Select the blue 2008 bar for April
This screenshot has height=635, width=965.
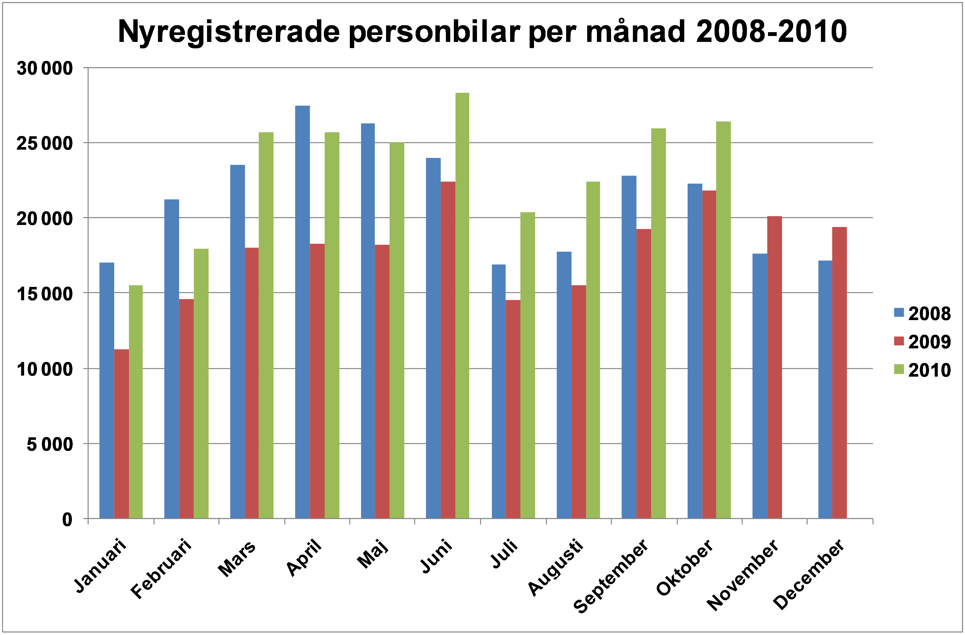click(303, 312)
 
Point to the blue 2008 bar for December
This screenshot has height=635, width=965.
click(825, 389)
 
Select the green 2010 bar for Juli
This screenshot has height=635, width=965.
click(528, 365)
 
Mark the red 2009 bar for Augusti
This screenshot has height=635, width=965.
click(579, 402)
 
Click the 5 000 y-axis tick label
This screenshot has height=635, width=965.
click(50, 444)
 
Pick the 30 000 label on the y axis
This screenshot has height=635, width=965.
click(45, 68)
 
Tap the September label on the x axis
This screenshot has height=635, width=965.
click(612, 576)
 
